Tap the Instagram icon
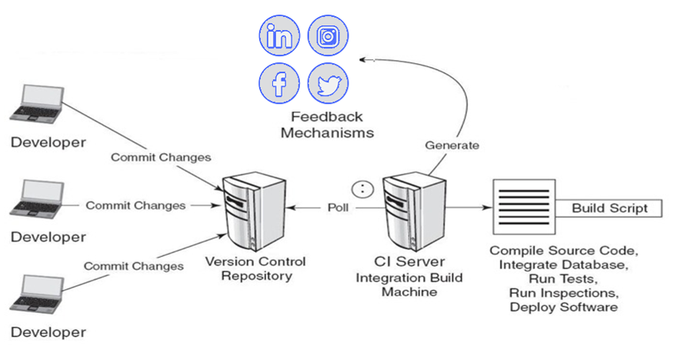coord(328,36)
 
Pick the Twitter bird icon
coord(328,83)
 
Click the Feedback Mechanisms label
coord(327,125)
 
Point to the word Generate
coord(452,145)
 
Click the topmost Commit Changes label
coord(161,158)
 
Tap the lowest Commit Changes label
coord(134,266)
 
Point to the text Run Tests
coord(564,278)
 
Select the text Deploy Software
coord(564,307)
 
